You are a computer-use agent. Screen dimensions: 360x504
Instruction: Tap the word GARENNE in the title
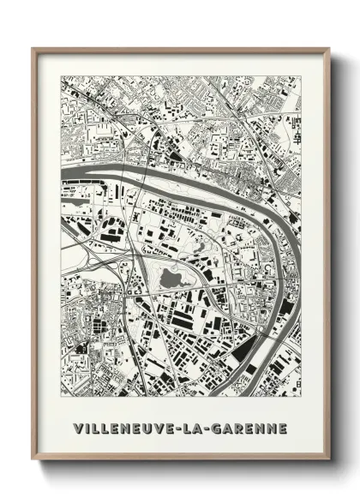[249, 427]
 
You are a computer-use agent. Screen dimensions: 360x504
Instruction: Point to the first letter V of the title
[78, 427]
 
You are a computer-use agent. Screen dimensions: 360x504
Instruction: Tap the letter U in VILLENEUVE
[147, 427]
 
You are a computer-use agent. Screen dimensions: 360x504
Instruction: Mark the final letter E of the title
[282, 427]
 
